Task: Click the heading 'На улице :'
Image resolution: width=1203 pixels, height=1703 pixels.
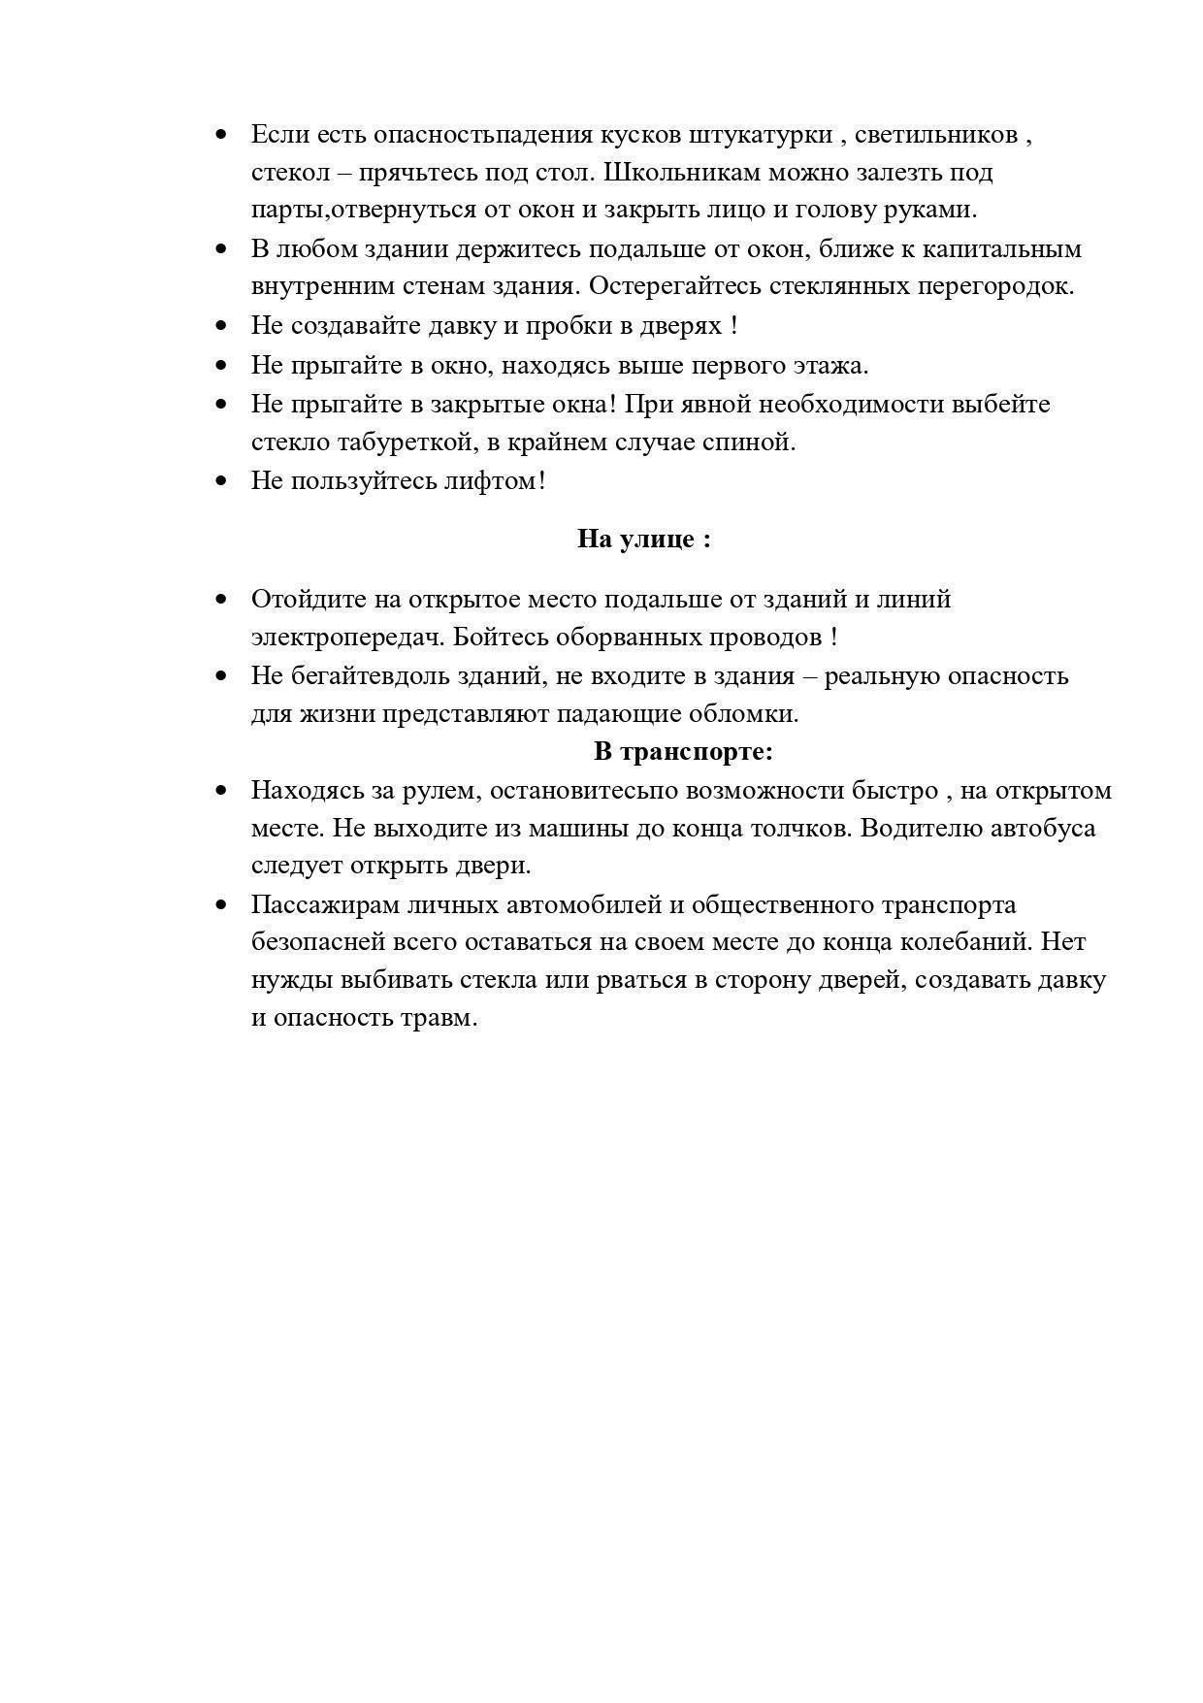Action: [644, 539]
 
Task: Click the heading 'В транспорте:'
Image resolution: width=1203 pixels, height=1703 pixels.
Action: [683, 751]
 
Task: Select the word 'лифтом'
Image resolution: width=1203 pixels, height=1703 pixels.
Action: [494, 480]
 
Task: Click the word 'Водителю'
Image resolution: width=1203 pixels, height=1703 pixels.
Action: [920, 828]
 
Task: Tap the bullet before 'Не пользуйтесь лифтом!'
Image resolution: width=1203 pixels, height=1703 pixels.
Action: [222, 480]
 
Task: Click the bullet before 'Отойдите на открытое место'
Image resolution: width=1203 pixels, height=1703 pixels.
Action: [222, 600]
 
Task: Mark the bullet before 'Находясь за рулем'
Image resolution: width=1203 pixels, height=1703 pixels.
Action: [222, 790]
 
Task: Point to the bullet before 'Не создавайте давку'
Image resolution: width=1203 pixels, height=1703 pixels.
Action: [222, 326]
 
